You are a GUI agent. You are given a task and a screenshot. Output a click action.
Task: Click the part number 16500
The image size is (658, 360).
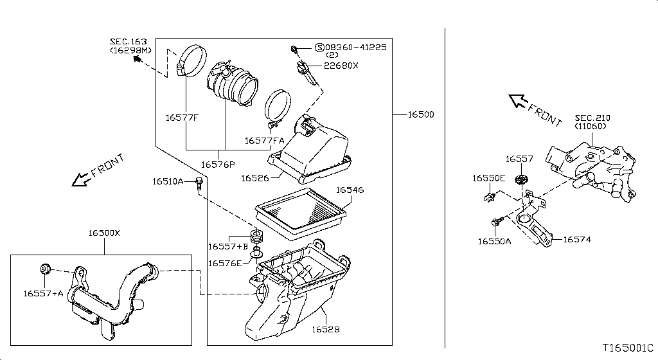[420, 115]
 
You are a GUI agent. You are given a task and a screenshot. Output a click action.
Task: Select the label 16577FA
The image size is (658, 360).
[263, 140]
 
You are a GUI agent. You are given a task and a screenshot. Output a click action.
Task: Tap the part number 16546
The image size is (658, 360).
[350, 190]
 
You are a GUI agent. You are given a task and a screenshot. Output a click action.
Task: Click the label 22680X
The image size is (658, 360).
[341, 66]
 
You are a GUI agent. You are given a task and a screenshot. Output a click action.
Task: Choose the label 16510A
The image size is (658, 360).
[168, 181]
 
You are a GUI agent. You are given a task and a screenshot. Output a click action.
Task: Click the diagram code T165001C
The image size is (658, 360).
[627, 347]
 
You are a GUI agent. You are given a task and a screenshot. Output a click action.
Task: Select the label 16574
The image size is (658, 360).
[577, 240]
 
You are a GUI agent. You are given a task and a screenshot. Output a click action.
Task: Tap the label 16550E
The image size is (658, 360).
[489, 178]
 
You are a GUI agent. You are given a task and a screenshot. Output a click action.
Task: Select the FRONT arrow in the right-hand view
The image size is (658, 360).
[519, 102]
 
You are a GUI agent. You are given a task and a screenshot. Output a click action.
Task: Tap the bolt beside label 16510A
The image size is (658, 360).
[199, 185]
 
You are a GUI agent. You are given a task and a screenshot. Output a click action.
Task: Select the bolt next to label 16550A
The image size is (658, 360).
[496, 221]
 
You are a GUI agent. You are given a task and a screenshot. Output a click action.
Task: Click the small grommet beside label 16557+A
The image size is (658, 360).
[46, 268]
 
